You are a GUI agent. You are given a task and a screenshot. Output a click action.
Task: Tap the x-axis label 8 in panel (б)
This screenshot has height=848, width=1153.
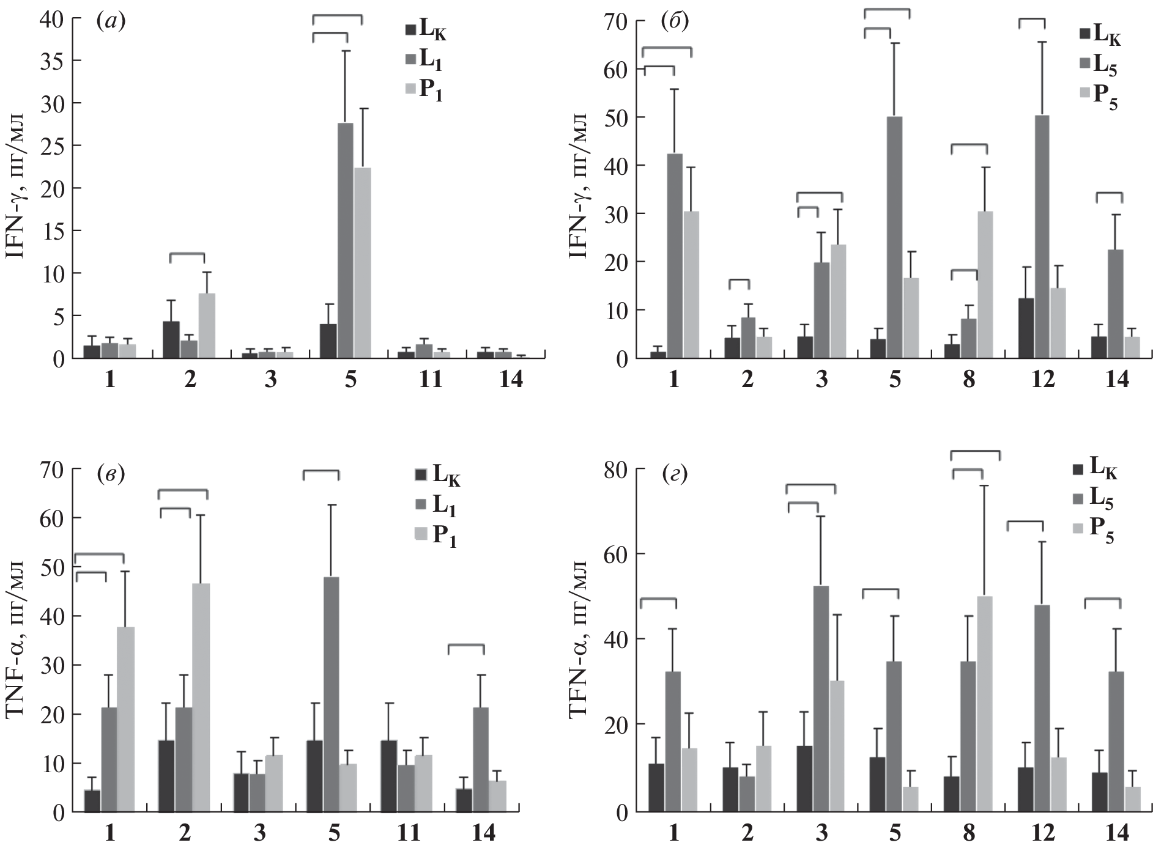tap(969, 380)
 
